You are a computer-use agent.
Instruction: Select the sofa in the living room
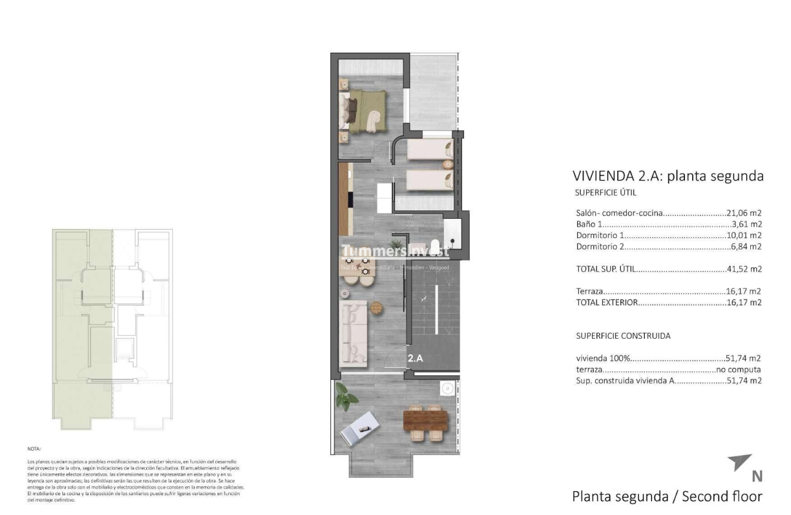[x=354, y=333]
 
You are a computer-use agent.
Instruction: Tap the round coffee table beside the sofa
[x=376, y=308]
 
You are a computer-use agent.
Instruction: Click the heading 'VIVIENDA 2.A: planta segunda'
[x=668, y=176]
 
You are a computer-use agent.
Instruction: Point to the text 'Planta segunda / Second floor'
[x=667, y=496]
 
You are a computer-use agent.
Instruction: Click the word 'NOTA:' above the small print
[x=34, y=448]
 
